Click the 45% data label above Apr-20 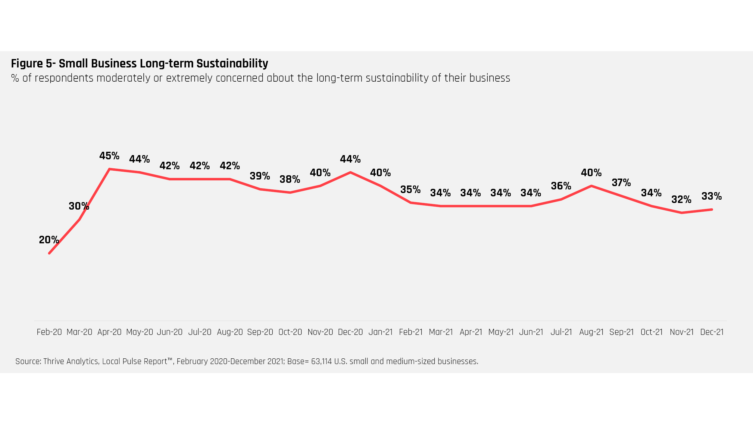click(109, 156)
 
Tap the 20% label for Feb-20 click(49, 240)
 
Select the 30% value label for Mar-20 click(79, 206)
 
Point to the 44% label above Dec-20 click(350, 159)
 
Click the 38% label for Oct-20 click(290, 179)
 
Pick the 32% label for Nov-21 click(681, 200)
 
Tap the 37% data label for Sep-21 click(621, 183)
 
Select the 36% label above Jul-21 click(561, 186)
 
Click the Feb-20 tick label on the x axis click(49, 332)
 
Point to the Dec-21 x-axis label click(712, 332)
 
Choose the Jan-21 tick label click(380, 332)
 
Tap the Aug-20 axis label click(230, 332)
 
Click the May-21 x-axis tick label click(501, 332)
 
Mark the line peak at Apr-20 click(109, 169)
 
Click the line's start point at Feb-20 click(49, 253)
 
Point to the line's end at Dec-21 click(712, 210)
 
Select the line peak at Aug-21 click(591, 186)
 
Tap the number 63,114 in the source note click(321, 361)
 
